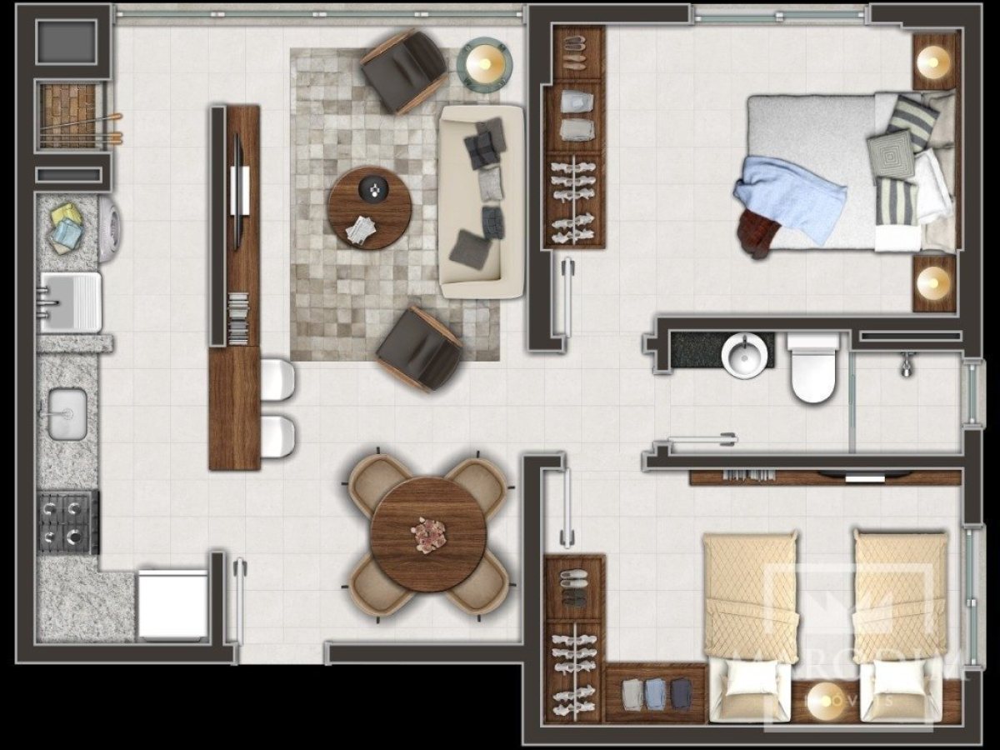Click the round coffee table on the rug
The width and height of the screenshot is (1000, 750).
point(370,207)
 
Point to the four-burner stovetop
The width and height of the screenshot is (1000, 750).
point(67,522)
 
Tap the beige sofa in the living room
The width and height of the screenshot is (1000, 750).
point(482,202)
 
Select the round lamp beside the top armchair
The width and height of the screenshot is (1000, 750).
point(484,62)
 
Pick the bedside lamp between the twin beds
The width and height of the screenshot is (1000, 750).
point(823,698)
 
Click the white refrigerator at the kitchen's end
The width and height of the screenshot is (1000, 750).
point(173,605)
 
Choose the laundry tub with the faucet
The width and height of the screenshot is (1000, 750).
point(70,300)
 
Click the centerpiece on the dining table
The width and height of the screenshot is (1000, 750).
point(430,533)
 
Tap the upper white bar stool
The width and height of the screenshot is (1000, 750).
point(278,380)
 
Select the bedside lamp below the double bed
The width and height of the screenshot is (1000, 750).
point(933,282)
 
